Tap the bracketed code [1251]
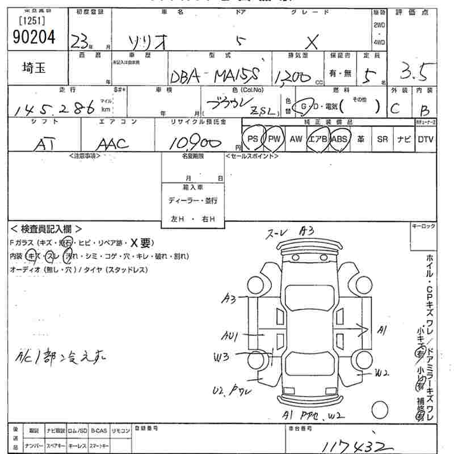(32, 21)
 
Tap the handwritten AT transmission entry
(44, 145)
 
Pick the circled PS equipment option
(253, 139)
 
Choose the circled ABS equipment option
(339, 139)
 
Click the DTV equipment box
(426, 139)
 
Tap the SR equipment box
(382, 139)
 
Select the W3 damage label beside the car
(221, 357)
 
